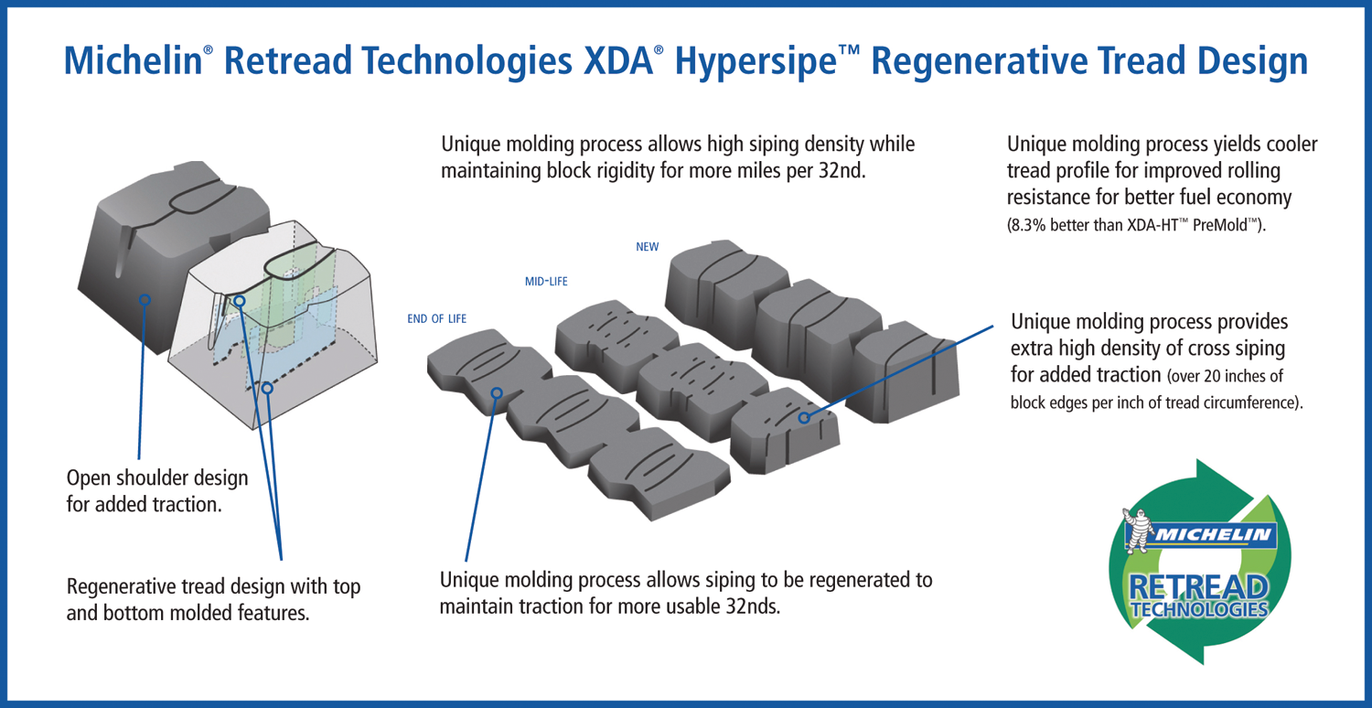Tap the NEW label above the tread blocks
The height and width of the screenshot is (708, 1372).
click(x=647, y=247)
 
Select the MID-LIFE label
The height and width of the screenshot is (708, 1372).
click(x=546, y=282)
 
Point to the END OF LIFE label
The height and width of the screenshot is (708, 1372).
click(x=436, y=318)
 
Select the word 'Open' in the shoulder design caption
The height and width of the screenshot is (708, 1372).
click(x=90, y=477)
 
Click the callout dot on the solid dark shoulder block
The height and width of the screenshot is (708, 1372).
click(x=145, y=299)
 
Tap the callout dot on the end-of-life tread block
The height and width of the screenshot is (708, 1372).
click(x=497, y=393)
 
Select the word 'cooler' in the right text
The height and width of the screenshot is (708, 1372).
click(x=1291, y=145)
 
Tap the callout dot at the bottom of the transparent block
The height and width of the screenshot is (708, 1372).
click(x=267, y=389)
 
